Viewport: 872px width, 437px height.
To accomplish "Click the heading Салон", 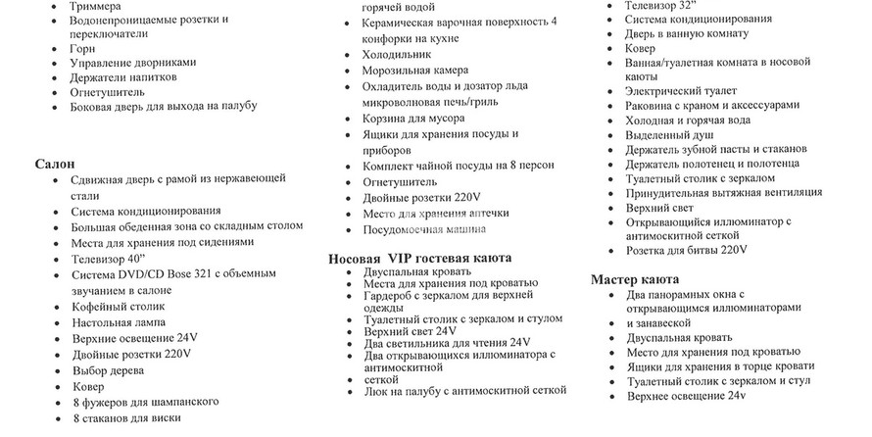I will (x=55, y=164).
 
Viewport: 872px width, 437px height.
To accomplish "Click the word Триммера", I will (x=96, y=6).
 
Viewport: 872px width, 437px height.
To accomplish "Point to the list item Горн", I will (x=83, y=47).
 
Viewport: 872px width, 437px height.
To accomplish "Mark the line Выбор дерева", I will (x=108, y=370).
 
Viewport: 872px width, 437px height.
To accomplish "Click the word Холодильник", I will (x=399, y=55).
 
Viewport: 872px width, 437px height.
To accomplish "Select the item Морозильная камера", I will (x=415, y=71).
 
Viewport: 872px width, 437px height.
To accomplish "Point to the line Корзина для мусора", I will (x=413, y=118).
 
